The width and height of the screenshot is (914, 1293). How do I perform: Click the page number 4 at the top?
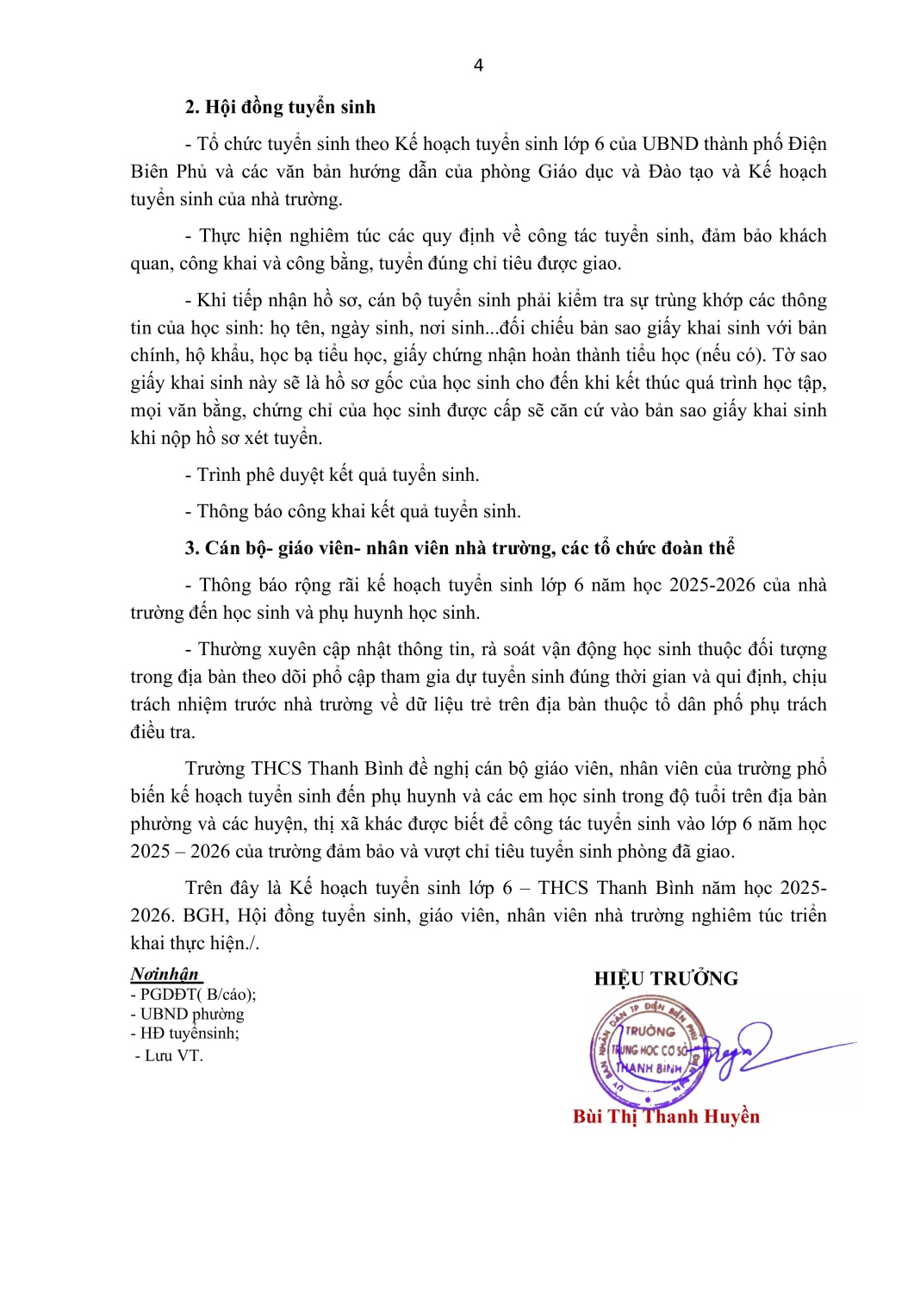click(478, 66)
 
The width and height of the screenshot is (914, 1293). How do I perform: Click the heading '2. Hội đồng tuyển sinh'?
click(280, 107)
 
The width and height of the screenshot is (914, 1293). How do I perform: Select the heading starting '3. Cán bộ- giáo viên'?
click(459, 548)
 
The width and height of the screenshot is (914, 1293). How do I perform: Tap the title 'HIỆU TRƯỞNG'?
click(666, 978)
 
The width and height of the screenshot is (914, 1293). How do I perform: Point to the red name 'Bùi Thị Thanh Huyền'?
click(666, 1117)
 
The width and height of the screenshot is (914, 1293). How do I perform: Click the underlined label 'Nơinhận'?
click(165, 974)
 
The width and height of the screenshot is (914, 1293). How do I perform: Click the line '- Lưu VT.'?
click(169, 1055)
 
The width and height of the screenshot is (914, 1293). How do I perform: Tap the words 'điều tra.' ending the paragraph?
click(163, 732)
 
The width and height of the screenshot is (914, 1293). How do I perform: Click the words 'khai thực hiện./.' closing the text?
click(195, 943)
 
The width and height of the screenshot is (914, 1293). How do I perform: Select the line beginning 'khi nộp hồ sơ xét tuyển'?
click(227, 438)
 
